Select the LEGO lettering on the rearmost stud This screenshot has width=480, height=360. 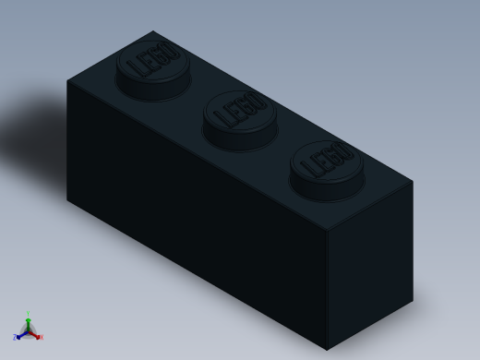click(152, 61)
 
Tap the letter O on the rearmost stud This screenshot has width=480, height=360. click(170, 52)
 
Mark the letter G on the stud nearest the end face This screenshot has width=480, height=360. click(334, 157)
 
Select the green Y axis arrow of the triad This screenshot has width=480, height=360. click(28, 320)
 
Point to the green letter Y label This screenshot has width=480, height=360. click(28, 314)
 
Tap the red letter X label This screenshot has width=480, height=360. click(41, 338)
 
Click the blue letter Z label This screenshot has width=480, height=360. click(15, 338)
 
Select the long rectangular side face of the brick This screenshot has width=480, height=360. click(194, 212)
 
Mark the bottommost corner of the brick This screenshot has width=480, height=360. click(327, 350)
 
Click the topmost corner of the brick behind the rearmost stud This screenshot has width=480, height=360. click(153, 31)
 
